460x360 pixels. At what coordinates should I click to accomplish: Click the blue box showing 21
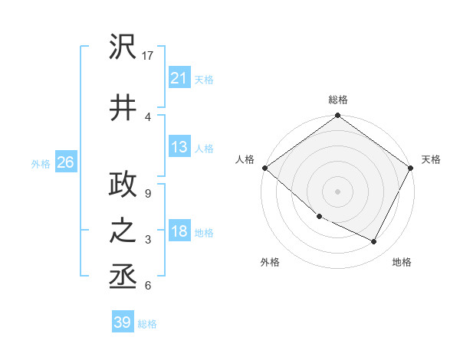coord(179,78)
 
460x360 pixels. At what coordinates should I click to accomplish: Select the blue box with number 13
coord(179,147)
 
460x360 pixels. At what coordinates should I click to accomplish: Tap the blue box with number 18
coord(179,231)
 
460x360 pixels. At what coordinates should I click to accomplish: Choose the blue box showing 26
coord(65,162)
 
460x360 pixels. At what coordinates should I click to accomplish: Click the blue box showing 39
coord(123,322)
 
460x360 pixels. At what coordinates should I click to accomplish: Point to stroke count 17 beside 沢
coord(149,56)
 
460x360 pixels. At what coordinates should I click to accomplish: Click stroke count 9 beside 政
coord(148,193)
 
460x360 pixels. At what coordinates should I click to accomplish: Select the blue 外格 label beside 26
coord(41,163)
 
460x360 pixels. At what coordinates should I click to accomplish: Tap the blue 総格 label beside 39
coord(147,324)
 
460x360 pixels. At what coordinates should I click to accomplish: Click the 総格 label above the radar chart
coord(337,100)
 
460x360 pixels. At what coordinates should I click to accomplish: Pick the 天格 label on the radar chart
coord(431,160)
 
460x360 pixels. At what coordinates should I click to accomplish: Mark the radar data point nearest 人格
coord(264,168)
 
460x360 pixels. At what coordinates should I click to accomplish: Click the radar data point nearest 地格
coord(374,242)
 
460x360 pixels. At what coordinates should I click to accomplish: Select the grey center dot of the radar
coord(337,191)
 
